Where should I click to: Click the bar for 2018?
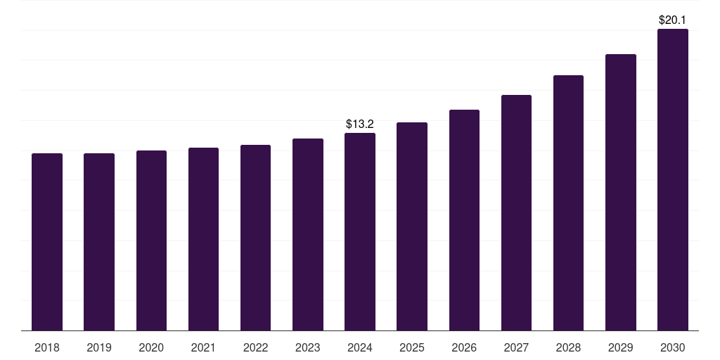47,242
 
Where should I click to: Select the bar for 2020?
151,240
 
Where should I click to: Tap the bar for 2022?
255,238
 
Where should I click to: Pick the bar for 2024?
360,232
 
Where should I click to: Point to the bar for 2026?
464,220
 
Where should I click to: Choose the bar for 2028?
568,202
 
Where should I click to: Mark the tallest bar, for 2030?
673,179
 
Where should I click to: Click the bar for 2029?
621,192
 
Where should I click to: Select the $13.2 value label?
360,124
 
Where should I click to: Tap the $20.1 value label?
673,20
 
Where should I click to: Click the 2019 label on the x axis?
99,347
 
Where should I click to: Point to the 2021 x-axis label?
203,347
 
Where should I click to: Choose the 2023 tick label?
308,347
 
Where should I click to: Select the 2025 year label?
412,347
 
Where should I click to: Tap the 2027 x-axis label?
516,347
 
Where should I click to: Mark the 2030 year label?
673,347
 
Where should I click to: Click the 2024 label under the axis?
360,347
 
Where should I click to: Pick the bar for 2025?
412,226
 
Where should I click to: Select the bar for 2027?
516,212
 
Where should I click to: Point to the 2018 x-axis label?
47,347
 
